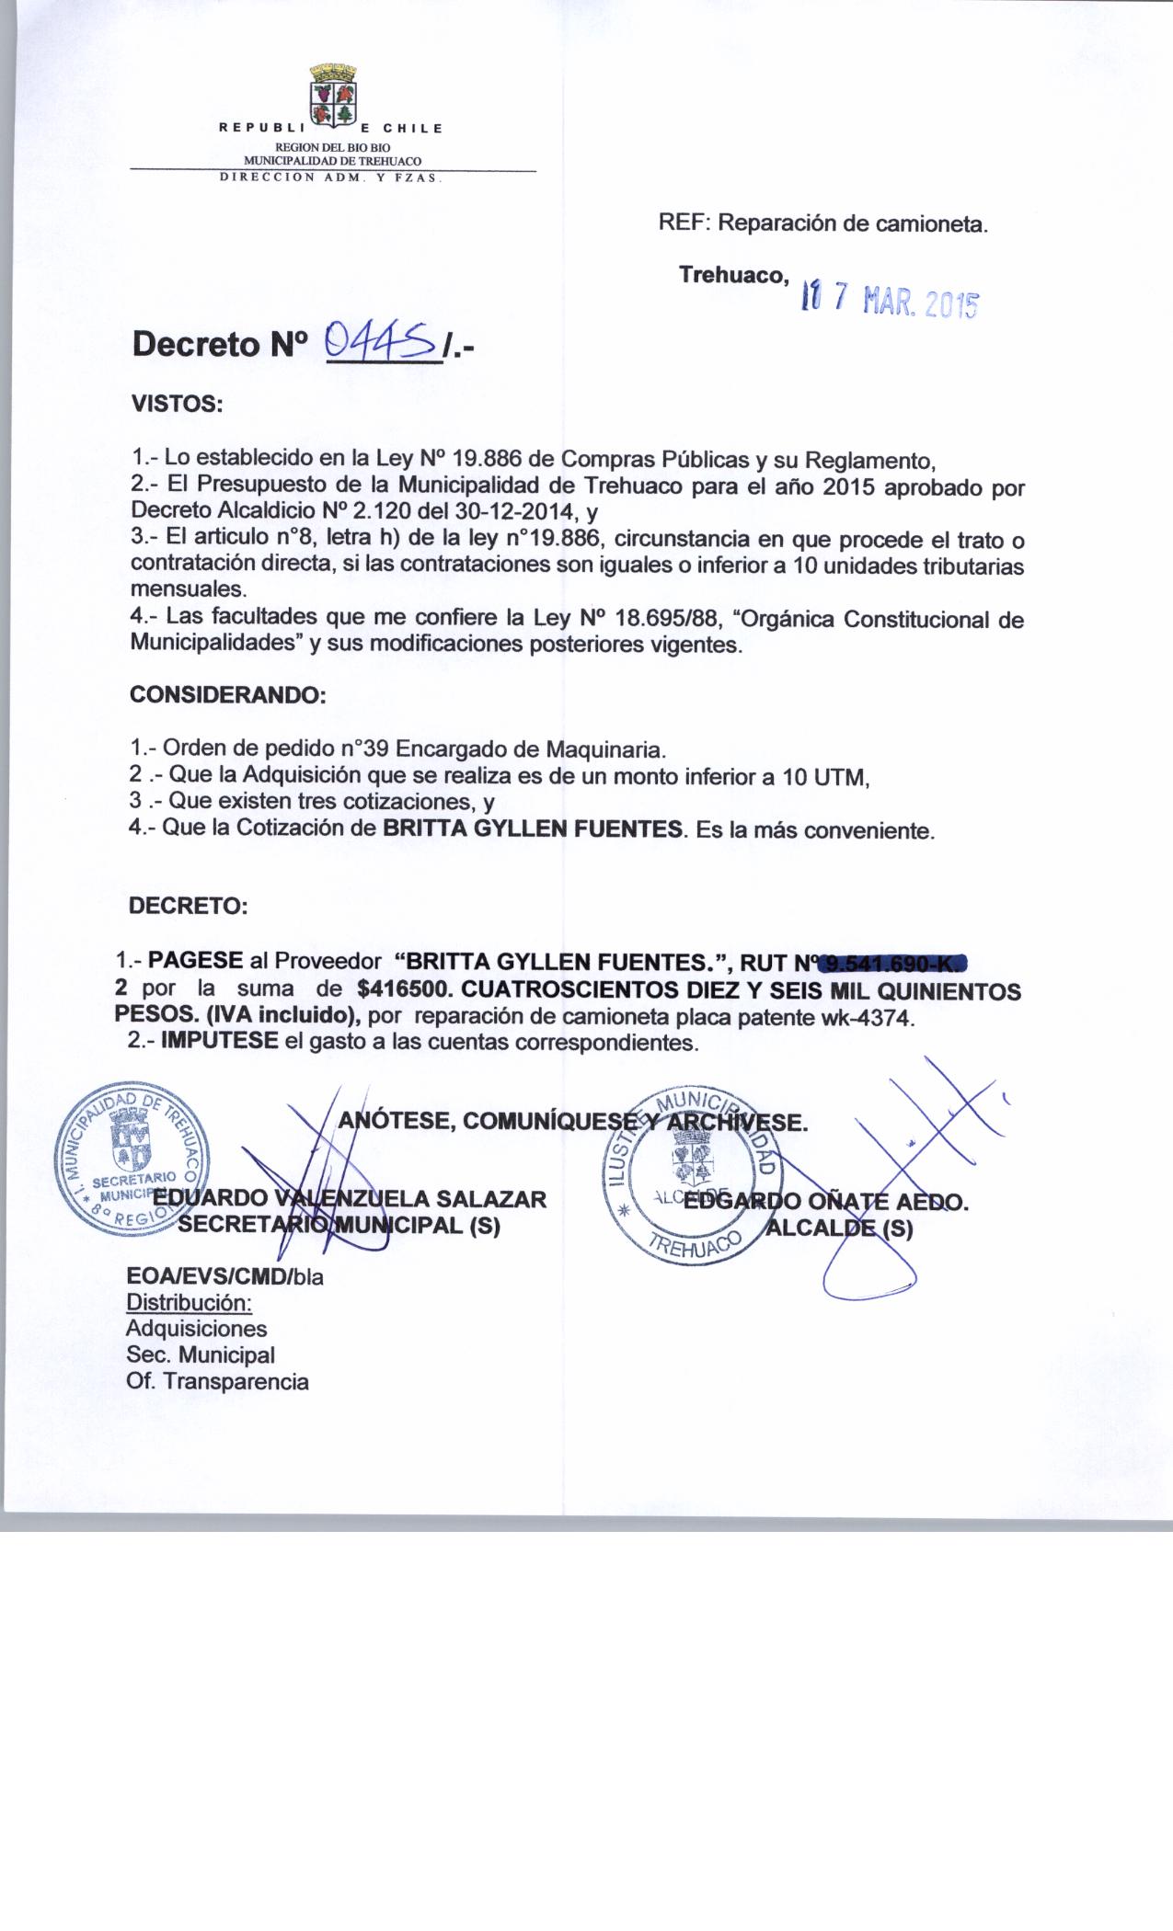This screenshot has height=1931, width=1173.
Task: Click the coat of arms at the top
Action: pyautogui.click(x=333, y=94)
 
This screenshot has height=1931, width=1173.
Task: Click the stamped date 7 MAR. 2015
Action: pyautogui.click(x=890, y=298)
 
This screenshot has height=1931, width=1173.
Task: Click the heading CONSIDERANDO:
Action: pyautogui.click(x=228, y=694)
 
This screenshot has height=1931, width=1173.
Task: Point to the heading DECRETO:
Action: pyautogui.click(x=189, y=906)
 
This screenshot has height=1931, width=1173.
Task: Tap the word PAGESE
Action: pyautogui.click(x=196, y=962)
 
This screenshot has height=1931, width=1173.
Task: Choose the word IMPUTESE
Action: pyautogui.click(x=219, y=1042)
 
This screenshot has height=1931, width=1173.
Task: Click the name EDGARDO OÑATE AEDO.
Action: pyautogui.click(x=826, y=1201)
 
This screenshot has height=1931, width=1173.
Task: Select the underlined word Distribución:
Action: pyautogui.click(x=189, y=1303)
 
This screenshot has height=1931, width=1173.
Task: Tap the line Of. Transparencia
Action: pyautogui.click(x=217, y=1381)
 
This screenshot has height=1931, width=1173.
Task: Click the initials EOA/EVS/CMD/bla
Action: pyautogui.click(x=224, y=1276)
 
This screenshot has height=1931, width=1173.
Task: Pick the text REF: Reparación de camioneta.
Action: pyautogui.click(x=822, y=223)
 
